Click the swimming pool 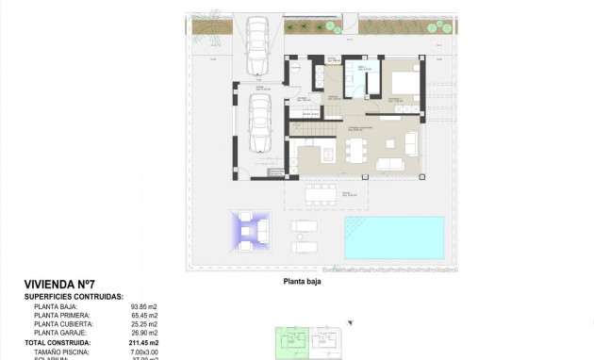pos(394,237)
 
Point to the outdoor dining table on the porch pos(321,192)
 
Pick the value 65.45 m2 pos(143,315)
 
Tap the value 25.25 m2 pos(143,324)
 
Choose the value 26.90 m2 pos(143,333)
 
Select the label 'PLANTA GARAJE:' pos(61,333)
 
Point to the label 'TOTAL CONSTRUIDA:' pos(66,343)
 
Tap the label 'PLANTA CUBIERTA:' pos(64,324)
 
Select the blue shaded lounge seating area pos(248,231)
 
